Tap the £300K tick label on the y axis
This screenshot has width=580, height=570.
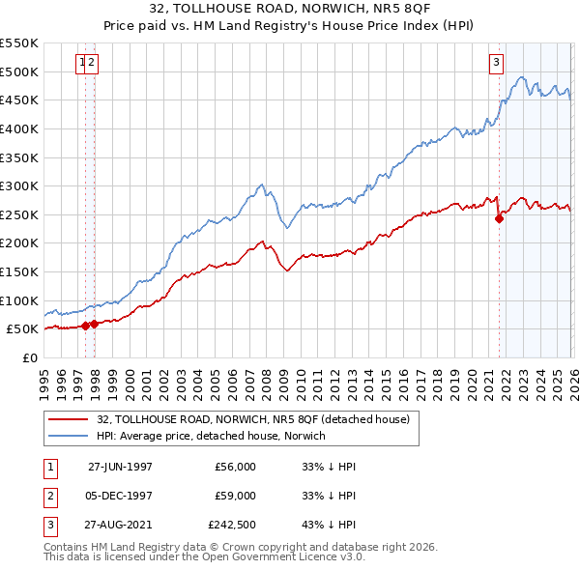pyautogui.click(x=19, y=185)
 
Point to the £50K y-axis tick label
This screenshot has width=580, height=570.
pyautogui.click(x=22, y=329)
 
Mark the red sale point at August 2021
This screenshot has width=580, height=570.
pyautogui.click(x=500, y=218)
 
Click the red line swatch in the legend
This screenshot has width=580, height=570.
pyautogui.click(x=69, y=419)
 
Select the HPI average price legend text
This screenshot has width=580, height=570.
pyautogui.click(x=211, y=436)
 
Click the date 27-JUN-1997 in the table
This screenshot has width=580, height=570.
pyautogui.click(x=120, y=467)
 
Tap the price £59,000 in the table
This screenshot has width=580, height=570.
pyautogui.click(x=235, y=496)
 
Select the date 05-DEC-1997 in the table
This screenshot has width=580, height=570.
pyautogui.click(x=120, y=496)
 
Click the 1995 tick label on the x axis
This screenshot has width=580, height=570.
pyautogui.click(x=43, y=377)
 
